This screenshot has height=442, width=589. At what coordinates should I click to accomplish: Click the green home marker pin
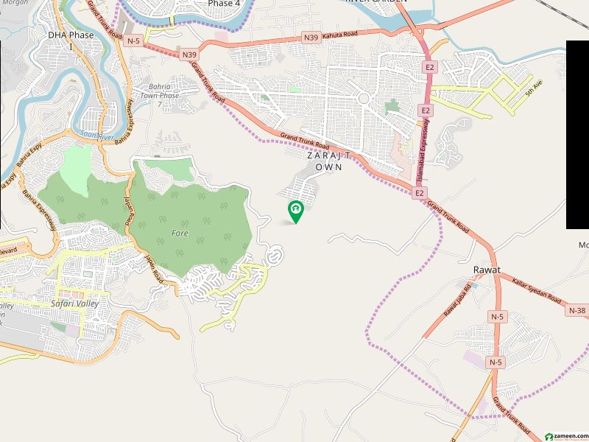coord(296,211)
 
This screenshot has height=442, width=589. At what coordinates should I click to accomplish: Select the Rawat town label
coord(487,270)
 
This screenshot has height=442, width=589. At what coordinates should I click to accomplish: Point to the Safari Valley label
coord(74,304)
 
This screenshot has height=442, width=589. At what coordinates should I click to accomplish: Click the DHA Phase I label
coord(71,41)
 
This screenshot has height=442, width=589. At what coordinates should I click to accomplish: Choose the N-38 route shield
coord(578,311)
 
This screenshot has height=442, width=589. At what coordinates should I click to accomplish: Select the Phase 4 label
coord(224,4)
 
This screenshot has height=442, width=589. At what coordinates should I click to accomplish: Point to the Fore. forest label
coord(181,233)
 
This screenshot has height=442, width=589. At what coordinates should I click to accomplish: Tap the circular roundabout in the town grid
coord(363,98)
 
